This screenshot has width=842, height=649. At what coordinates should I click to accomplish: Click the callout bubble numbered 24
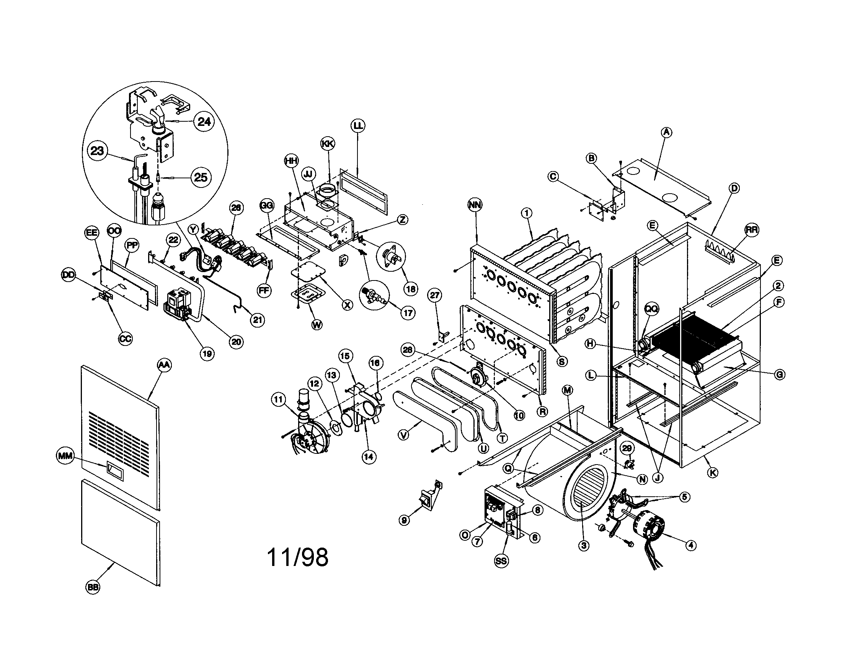(x=204, y=122)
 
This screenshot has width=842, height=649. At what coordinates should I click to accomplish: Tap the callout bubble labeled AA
(x=164, y=365)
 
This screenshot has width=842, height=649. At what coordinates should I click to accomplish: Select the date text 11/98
(x=298, y=557)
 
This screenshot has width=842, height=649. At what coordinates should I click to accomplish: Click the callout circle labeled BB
(x=93, y=587)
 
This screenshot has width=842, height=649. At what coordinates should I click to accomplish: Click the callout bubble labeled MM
(x=65, y=456)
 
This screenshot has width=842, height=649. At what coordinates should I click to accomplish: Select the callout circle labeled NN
(x=475, y=205)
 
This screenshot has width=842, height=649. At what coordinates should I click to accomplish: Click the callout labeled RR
(x=751, y=230)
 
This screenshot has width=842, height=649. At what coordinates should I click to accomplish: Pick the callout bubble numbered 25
(x=201, y=178)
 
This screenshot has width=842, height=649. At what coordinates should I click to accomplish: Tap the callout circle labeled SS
(x=501, y=561)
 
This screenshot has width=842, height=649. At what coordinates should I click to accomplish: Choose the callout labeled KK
(x=328, y=144)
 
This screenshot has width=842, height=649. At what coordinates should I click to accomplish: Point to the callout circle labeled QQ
(x=652, y=309)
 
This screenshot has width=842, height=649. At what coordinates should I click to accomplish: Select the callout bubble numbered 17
(x=408, y=313)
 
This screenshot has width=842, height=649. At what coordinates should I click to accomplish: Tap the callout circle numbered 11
(x=278, y=400)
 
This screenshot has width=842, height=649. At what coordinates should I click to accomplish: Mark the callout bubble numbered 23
(x=97, y=150)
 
